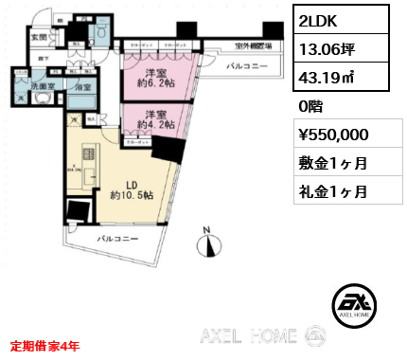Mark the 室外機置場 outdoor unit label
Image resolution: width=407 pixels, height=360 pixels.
point(254,46)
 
